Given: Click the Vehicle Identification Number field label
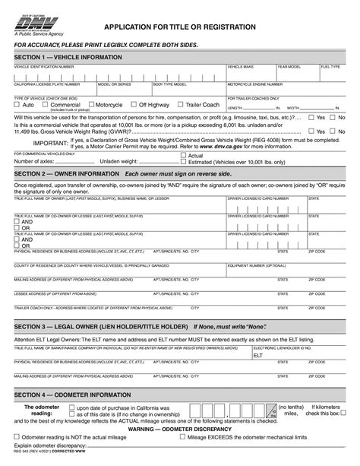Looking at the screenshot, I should pos(45,67).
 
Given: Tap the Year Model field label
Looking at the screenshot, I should pos(289,67).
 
